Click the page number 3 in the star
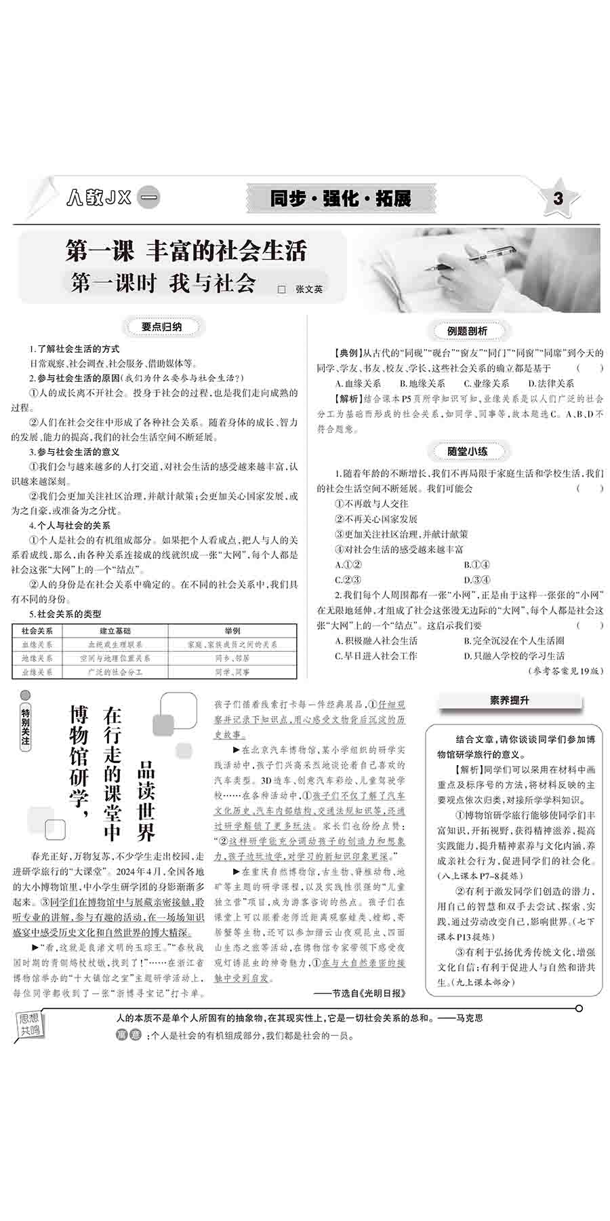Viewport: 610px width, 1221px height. (558, 199)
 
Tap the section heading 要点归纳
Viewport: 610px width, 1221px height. (161, 327)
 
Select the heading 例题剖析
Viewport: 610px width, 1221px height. (468, 330)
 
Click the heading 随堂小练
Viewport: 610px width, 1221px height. (468, 451)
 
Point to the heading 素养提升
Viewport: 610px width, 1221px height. (510, 701)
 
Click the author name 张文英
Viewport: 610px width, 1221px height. (309, 289)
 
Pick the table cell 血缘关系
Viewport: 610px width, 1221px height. (37, 644)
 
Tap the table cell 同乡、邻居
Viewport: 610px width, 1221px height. (232, 658)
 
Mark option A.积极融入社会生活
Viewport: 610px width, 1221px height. (377, 640)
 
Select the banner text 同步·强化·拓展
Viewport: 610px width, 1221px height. (340, 199)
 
